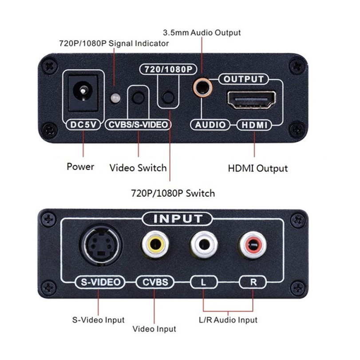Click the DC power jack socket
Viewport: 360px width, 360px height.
point(83,92)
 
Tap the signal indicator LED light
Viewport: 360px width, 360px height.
point(115,98)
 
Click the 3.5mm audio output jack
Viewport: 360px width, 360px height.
point(202,87)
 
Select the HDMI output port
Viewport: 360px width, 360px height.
point(251,99)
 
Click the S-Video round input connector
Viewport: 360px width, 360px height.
point(101,245)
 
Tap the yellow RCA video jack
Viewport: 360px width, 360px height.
point(155,245)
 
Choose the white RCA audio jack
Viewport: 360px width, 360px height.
point(204,245)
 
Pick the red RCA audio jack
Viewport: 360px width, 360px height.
point(253,245)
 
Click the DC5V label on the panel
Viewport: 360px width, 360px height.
point(83,125)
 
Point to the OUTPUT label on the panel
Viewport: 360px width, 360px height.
point(243,79)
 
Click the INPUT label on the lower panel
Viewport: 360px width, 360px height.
point(177,219)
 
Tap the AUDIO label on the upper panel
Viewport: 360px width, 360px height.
point(210,125)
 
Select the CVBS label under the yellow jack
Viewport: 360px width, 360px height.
point(155,282)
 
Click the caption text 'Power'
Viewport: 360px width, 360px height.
point(80,166)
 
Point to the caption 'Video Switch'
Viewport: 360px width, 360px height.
point(138,168)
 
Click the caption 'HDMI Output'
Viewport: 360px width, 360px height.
point(258,168)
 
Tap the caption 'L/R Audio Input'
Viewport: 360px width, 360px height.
point(228,320)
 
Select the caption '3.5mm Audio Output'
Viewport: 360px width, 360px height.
point(202,32)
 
